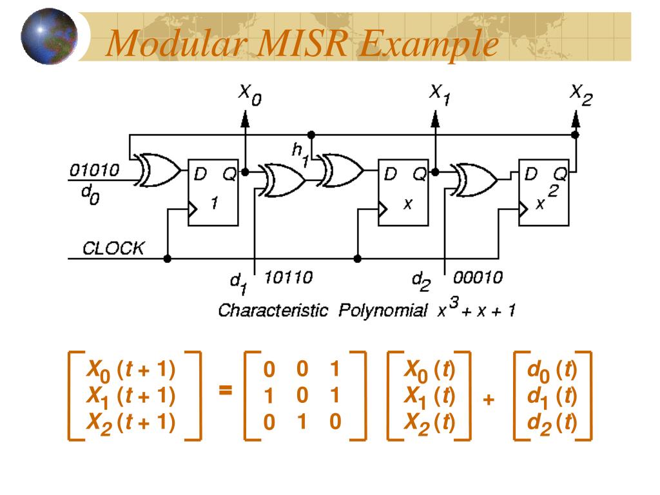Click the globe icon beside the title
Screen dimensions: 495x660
click(49, 37)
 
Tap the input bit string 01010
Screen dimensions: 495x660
click(94, 171)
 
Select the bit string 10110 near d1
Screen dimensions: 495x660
click(289, 278)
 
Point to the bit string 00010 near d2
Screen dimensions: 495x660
click(478, 278)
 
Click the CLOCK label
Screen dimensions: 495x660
click(113, 248)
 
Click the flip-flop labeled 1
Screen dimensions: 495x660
click(213, 192)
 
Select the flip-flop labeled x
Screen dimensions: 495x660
click(402, 192)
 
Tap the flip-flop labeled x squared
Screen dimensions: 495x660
click(544, 192)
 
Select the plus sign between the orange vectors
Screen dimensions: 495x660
click(488, 400)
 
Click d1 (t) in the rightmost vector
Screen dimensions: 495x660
click(552, 396)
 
